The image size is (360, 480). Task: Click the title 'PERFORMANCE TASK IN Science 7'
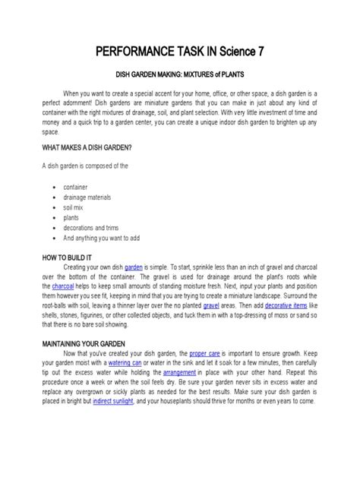(x=179, y=52)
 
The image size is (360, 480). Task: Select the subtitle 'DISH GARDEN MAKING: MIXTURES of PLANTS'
(x=179, y=76)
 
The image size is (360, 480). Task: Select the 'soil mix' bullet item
(x=75, y=207)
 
